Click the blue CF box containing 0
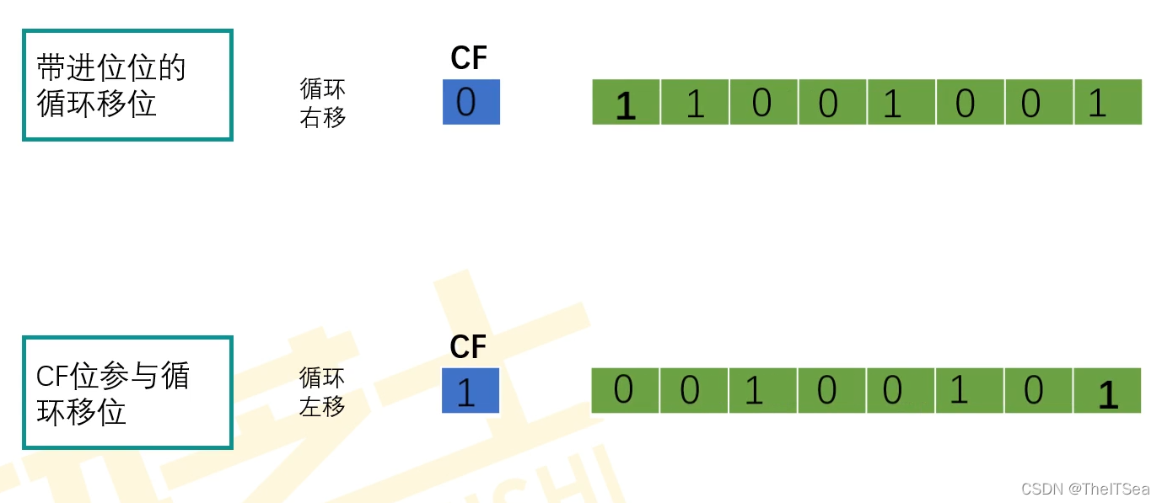tap(471, 102)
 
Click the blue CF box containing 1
tap(471, 391)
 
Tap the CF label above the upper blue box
tap(470, 58)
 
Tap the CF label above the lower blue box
tap(469, 346)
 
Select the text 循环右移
tap(323, 103)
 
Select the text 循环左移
tap(322, 392)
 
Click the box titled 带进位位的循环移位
tap(127, 85)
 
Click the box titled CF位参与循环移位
tap(127, 393)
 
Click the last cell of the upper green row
tap(1108, 103)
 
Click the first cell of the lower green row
tap(625, 391)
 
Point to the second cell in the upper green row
tap(695, 103)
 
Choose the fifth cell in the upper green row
tap(901, 103)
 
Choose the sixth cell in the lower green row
tap(970, 391)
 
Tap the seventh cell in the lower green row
tap(1039, 391)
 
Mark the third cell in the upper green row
tap(763, 103)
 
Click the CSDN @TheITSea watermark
tap(1085, 490)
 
